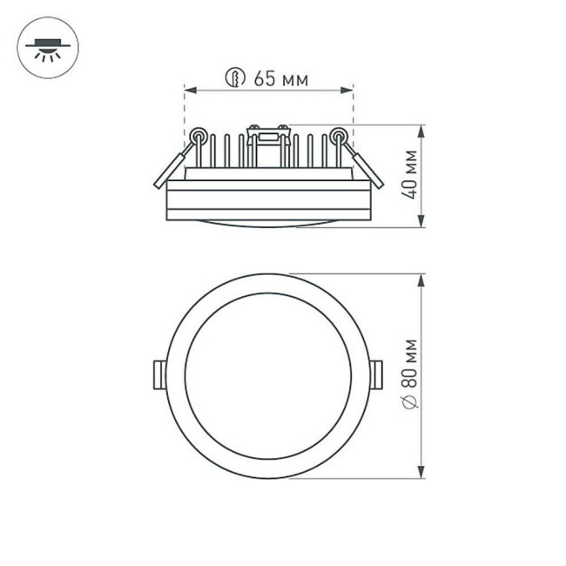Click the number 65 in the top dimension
264,78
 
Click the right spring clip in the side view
365,166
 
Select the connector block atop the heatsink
267,134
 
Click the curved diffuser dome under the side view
267,222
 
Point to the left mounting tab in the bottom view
158,375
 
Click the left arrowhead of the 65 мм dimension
188,88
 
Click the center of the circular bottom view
267,375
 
